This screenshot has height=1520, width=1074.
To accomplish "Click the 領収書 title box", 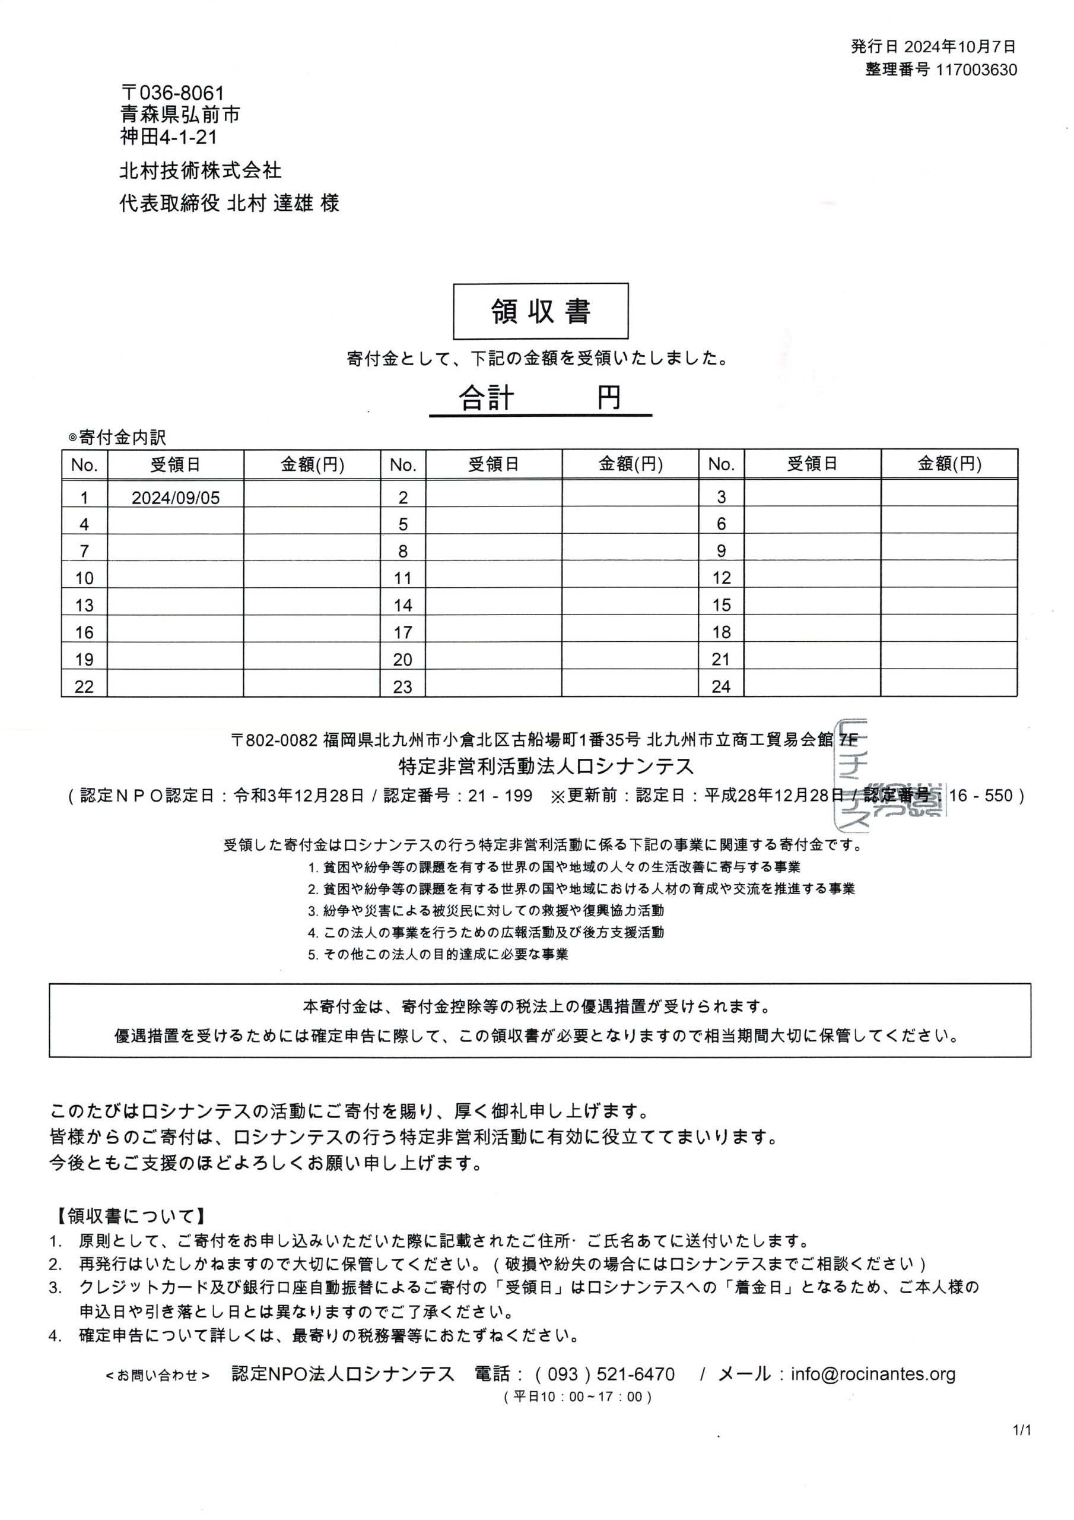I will click(x=540, y=311).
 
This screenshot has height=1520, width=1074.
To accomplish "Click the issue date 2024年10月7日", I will click(x=959, y=46).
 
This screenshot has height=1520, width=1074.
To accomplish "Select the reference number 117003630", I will click(x=976, y=70).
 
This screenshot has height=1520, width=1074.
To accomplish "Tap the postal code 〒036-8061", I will click(x=173, y=93).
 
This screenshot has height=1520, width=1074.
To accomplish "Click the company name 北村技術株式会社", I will click(x=201, y=171).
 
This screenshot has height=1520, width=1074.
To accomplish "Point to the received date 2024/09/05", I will click(x=176, y=498).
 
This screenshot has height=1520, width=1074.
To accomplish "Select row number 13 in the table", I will click(x=84, y=605).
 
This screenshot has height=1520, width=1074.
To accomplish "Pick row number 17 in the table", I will click(x=402, y=632).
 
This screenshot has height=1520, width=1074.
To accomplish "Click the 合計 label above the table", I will click(x=487, y=398).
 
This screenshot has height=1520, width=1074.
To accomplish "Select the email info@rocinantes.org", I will click(x=873, y=1375).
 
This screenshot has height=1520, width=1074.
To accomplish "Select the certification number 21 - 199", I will click(x=500, y=795).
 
